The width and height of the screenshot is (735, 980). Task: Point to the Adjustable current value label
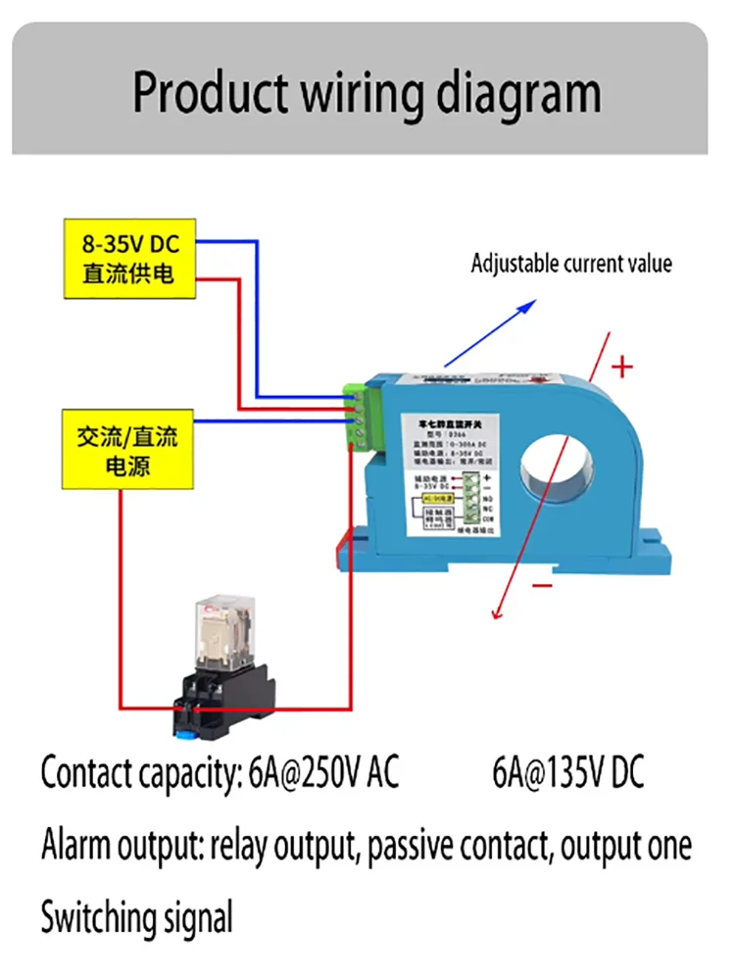tap(571, 264)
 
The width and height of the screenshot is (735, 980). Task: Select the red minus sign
tap(544, 586)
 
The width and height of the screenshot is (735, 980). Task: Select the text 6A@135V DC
tap(568, 773)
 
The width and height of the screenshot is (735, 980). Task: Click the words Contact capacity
tap(137, 774)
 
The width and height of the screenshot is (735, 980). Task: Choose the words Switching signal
tap(137, 918)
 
